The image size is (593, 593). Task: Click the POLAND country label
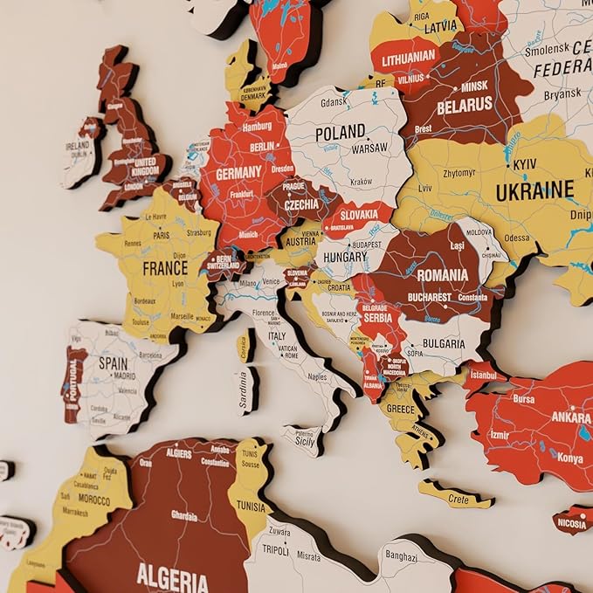340,133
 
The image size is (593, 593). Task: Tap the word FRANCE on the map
165,268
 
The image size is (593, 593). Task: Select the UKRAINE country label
534,190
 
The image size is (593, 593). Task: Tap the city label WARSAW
369,148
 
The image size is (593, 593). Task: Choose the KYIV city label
525,164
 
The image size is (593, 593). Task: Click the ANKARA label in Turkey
570,417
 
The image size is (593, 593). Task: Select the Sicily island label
305,442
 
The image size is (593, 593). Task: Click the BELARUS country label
465,105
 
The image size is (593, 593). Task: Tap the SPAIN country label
113,362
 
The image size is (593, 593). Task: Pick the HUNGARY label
344,258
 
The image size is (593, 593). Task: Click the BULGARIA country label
444,343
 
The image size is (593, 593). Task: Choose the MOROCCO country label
93,501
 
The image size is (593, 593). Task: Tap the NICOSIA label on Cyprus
573,525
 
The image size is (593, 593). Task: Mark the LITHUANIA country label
406,56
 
